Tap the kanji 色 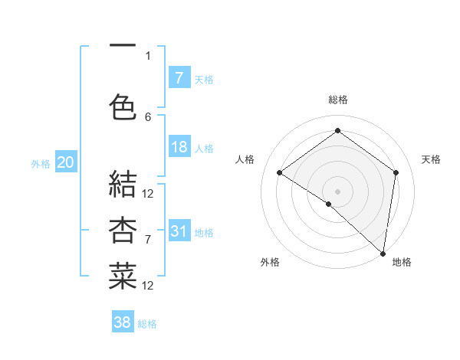[x=123, y=107]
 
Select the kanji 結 [x=123, y=185]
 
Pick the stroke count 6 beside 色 [x=148, y=116]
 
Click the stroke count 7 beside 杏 [x=148, y=240]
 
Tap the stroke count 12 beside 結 [x=148, y=193]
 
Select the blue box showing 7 [x=179, y=77]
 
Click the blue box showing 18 [x=179, y=147]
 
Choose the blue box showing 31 [x=179, y=231]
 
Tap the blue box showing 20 [x=66, y=162]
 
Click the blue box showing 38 [x=122, y=322]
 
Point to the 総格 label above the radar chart [x=337, y=100]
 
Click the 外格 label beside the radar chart [x=270, y=262]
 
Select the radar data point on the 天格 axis [x=396, y=172]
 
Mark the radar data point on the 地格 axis [x=383, y=252]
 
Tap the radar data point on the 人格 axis [x=279, y=172]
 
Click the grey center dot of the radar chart [x=337, y=191]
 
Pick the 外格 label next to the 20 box [x=41, y=163]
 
